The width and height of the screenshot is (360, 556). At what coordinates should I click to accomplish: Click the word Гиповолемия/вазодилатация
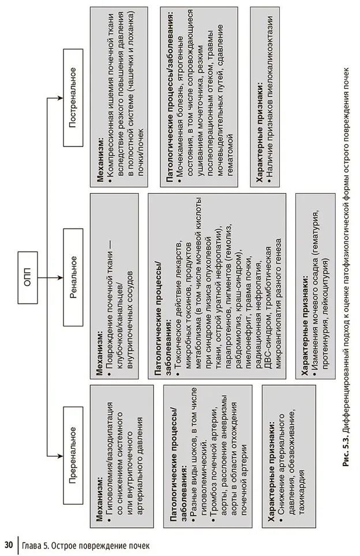pos(108,461)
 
